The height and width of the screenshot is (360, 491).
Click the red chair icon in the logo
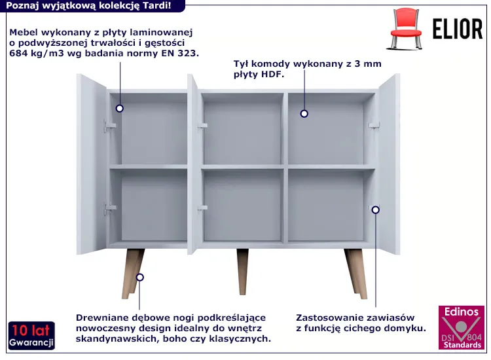(x=405, y=29)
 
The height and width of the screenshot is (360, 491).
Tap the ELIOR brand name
(x=458, y=29)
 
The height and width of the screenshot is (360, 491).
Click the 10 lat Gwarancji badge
(x=31, y=335)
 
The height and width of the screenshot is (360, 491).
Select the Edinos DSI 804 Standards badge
(x=462, y=327)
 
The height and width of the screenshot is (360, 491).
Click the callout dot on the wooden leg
(x=140, y=277)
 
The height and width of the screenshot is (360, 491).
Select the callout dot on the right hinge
(x=376, y=209)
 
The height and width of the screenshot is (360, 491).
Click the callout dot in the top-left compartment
(x=119, y=108)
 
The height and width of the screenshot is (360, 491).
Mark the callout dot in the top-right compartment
(x=304, y=114)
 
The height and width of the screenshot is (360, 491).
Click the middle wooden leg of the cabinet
(x=243, y=272)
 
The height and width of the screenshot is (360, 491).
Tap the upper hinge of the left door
(x=109, y=126)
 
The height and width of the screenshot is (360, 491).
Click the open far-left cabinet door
(x=92, y=164)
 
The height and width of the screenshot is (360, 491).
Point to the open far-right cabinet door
(x=389, y=164)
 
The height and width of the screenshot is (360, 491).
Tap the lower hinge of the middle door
(x=202, y=207)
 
